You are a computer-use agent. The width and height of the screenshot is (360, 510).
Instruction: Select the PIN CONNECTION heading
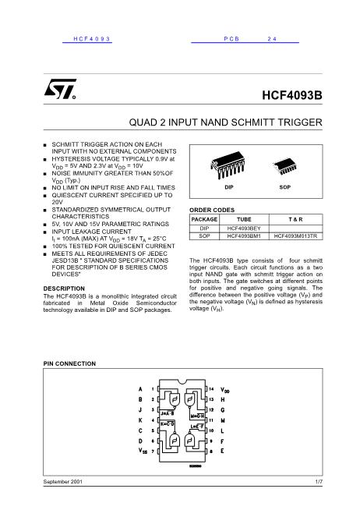click(69, 365)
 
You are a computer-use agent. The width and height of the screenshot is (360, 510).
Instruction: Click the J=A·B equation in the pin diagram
click(166, 413)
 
